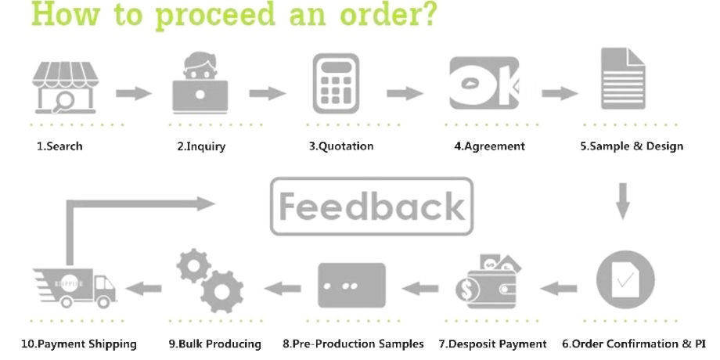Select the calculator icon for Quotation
tap(337, 83)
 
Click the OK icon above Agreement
tap(484, 83)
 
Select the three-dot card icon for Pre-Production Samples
tap(351, 283)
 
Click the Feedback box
tap(372, 207)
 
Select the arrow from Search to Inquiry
tap(134, 94)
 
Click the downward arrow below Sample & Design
tap(623, 201)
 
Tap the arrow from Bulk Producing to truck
tap(144, 288)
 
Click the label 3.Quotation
tap(340, 146)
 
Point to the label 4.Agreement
tap(489, 146)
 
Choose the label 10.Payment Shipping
tap(76, 344)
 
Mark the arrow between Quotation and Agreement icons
tap(405, 94)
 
